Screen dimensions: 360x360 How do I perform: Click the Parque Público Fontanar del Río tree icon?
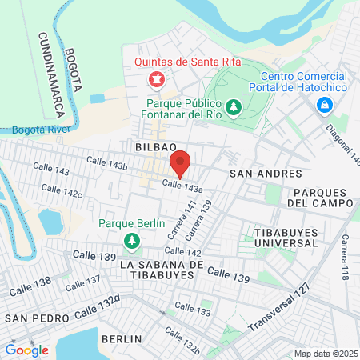click(234, 106)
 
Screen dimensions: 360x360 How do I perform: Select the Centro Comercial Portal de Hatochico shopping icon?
click(325, 105)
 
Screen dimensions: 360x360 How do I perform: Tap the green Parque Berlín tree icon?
click(130, 240)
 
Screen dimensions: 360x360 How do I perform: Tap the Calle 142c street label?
click(62, 192)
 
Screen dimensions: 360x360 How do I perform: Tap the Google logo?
click(26, 350)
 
